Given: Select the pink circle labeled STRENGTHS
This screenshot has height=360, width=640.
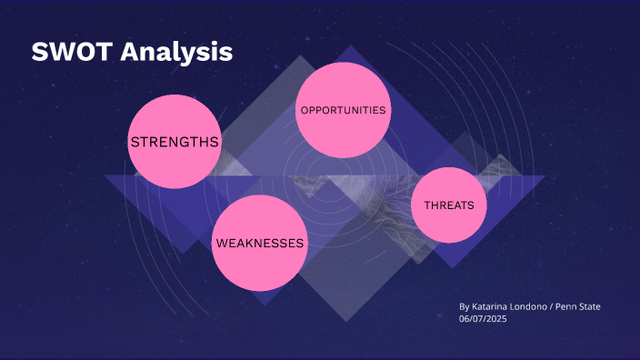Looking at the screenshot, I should pyautogui.click(x=175, y=143).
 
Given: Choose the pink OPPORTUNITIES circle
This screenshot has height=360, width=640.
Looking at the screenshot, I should pyautogui.click(x=344, y=110).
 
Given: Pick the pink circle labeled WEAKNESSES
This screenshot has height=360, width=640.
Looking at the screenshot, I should pyautogui.click(x=259, y=244).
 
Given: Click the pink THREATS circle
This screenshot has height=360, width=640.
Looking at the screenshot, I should pyautogui.click(x=449, y=205).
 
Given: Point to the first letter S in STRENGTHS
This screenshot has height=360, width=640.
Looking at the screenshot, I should pyautogui.click(x=135, y=143).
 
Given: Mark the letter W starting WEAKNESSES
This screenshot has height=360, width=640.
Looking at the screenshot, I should pyautogui.click(x=220, y=244).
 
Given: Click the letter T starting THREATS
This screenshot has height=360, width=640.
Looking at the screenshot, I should pyautogui.click(x=427, y=205).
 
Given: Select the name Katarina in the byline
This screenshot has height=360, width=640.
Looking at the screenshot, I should pyautogui.click(x=492, y=307).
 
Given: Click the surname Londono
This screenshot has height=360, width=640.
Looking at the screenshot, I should pyautogui.click(x=533, y=307).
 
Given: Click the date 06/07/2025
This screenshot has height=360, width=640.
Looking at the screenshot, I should pyautogui.click(x=482, y=319).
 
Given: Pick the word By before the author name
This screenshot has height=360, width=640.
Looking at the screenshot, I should pyautogui.click(x=465, y=307).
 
